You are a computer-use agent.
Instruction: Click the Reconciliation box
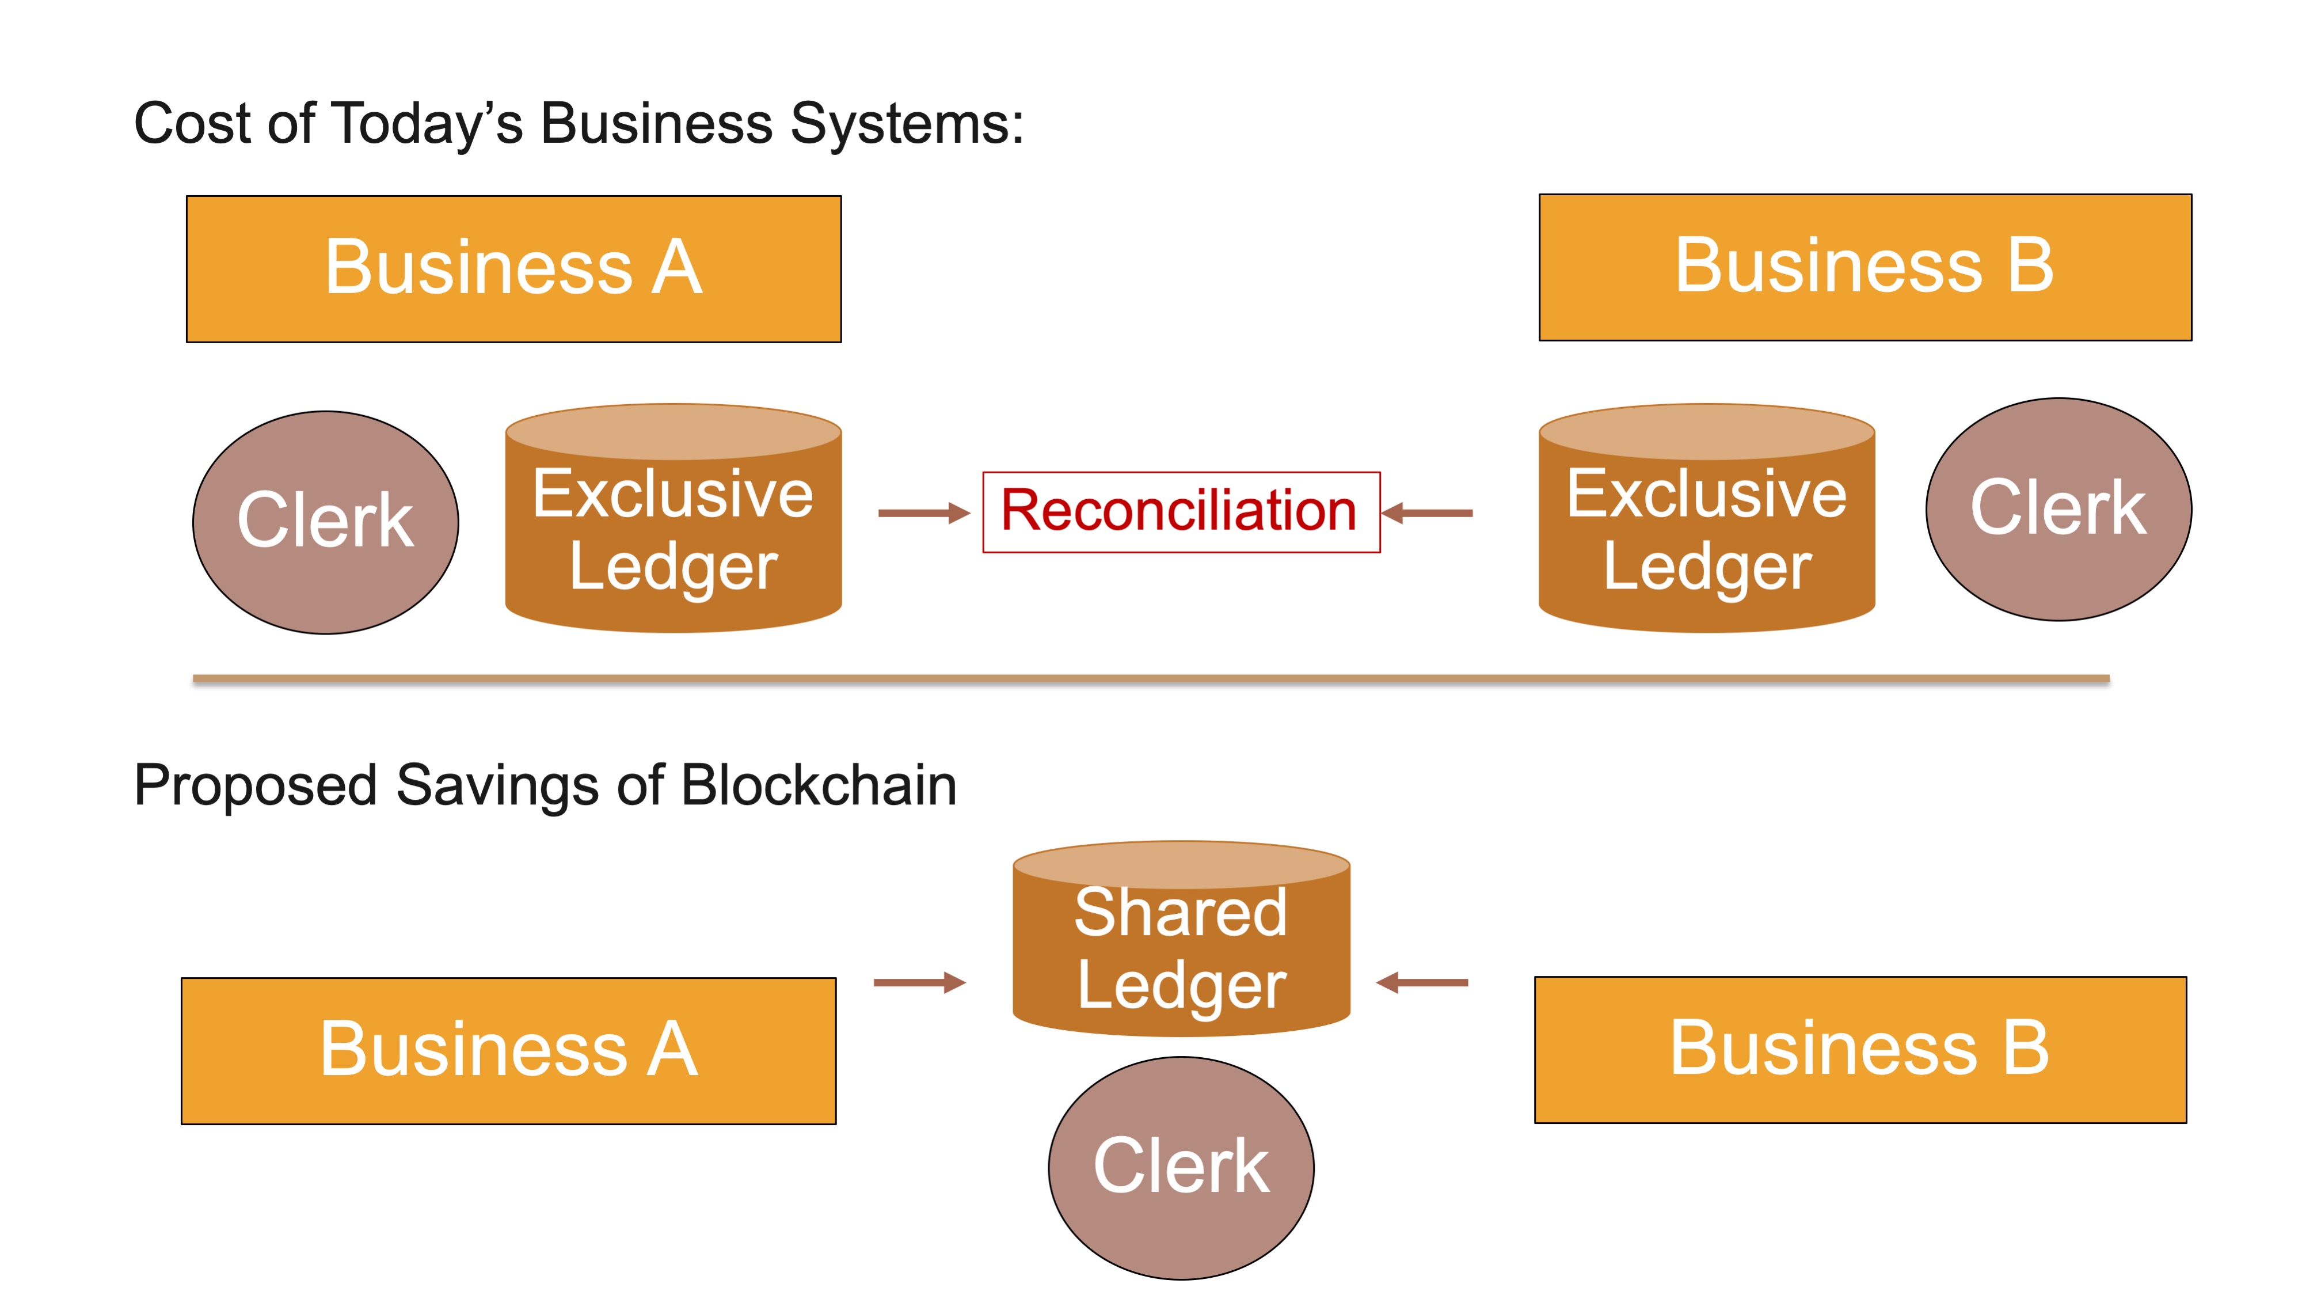click(1181, 512)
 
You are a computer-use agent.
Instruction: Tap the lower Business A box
click(508, 1050)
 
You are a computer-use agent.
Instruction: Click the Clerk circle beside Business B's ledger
click(2057, 510)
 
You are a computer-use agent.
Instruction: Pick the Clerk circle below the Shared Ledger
click(1181, 1167)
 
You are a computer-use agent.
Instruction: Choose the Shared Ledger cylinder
click(1181, 947)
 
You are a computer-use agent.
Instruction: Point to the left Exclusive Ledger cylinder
click(673, 527)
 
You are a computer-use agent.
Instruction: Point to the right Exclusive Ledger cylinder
click(1706, 527)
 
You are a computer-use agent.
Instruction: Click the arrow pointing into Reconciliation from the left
click(923, 513)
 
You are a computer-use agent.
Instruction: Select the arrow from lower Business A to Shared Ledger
click(919, 982)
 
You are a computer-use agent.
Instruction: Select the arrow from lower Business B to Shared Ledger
click(1422, 983)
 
